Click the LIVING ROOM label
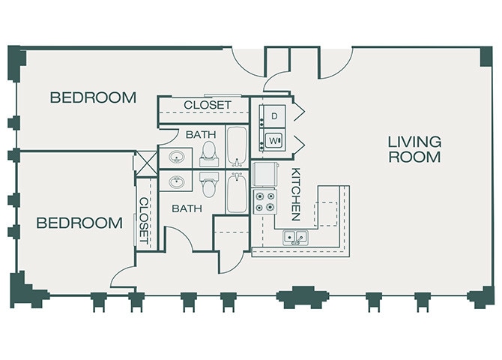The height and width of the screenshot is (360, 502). click(414, 149)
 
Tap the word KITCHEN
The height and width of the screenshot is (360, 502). click(296, 194)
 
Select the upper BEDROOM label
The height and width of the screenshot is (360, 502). click(93, 97)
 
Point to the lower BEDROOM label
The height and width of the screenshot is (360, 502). click(79, 223)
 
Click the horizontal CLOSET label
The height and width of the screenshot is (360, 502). click(208, 105)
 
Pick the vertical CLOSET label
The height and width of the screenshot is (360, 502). click(144, 220)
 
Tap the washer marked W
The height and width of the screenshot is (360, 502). click(273, 140)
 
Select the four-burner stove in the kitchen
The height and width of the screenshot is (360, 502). click(264, 202)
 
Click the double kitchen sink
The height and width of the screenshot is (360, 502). click(295, 237)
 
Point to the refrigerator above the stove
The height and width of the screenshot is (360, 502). click(264, 175)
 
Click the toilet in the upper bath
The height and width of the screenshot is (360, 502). click(209, 154)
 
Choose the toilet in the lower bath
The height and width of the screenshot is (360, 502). click(209, 184)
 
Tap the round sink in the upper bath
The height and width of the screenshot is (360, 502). click(176, 157)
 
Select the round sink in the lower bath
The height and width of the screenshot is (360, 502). click(176, 181)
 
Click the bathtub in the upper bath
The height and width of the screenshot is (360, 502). click(237, 146)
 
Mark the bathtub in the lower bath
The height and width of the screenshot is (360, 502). click(237, 192)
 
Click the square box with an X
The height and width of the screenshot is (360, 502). click(146, 163)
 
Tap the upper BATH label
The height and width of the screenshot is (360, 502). click(201, 135)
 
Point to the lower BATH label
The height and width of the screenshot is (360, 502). click(187, 208)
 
